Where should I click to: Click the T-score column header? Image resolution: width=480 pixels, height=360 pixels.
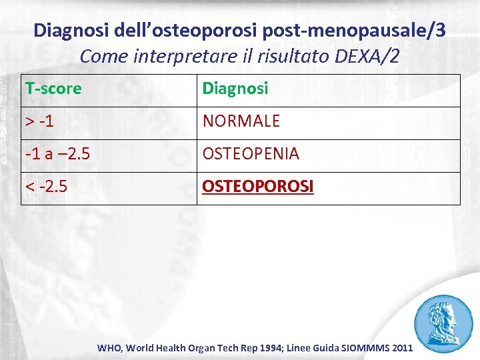coord(53,89)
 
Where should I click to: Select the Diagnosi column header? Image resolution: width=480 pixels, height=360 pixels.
coord(235,89)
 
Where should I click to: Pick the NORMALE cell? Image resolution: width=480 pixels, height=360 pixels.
coord(241,122)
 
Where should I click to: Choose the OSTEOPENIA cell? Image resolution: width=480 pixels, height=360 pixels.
coord(251,154)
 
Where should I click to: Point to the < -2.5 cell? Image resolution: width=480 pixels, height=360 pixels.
coord(46,187)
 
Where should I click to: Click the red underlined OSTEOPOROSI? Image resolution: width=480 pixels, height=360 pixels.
coord(257,187)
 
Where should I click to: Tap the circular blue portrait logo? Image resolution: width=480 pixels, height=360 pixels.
coord(443,322)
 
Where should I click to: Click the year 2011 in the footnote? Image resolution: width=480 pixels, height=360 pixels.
coord(403,348)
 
